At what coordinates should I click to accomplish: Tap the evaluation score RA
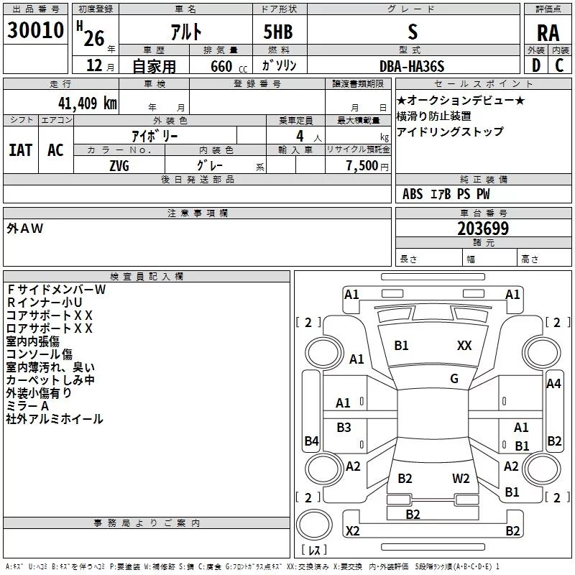pos(548,33)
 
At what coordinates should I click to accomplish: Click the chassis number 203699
pos(483,229)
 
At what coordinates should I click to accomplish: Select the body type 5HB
pos(277,32)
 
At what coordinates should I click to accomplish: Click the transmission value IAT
pos(20,150)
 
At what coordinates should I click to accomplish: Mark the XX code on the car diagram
pos(464,346)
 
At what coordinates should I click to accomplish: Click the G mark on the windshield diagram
pos(454,379)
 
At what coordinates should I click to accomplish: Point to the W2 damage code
pos(461,479)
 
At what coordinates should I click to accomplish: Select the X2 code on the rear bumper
pos(352,531)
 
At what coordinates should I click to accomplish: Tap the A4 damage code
pos(553,384)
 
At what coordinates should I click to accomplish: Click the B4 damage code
pos(311,441)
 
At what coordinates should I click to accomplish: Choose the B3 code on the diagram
pos(344,428)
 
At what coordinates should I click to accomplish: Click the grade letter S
pos(412,32)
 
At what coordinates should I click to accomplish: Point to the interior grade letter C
pos(559,65)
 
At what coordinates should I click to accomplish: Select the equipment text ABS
pos(413,194)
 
